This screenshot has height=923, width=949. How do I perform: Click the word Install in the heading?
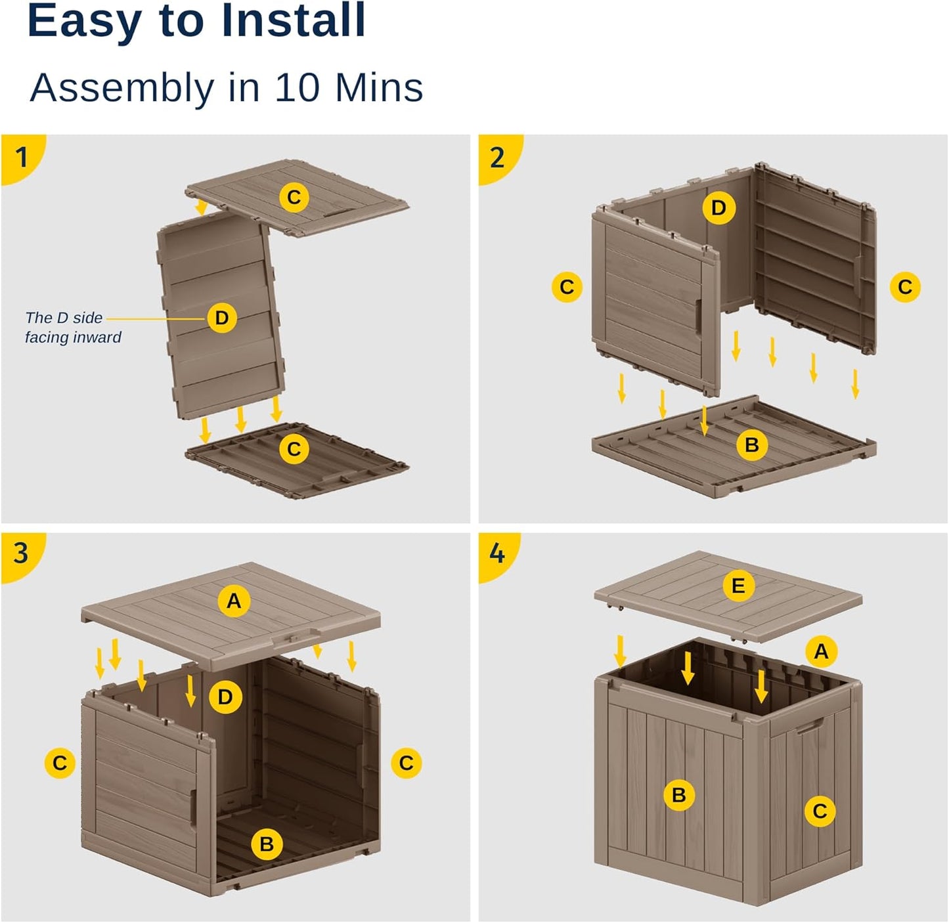293,21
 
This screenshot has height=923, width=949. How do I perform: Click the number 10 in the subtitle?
299,87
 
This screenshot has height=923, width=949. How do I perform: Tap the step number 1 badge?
21,158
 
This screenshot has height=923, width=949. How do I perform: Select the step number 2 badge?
497,158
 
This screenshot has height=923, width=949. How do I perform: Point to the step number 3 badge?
21,553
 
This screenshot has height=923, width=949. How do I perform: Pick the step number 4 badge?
497,553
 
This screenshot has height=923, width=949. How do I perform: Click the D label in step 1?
222,318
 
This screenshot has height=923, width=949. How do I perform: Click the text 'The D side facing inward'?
72,328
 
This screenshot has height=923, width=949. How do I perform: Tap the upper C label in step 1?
294,197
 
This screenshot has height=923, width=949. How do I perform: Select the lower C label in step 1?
294,450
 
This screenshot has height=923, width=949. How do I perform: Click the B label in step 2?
752,445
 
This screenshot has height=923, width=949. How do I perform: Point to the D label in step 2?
718,208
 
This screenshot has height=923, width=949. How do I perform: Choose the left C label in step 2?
567,287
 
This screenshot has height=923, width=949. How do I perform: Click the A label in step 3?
234,601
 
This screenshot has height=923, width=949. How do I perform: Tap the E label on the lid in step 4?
738,586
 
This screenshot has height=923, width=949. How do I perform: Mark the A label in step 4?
821,651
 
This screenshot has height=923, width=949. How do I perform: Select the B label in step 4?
679,795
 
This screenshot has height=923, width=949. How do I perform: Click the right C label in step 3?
406,763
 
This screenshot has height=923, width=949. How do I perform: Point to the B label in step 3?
267,844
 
